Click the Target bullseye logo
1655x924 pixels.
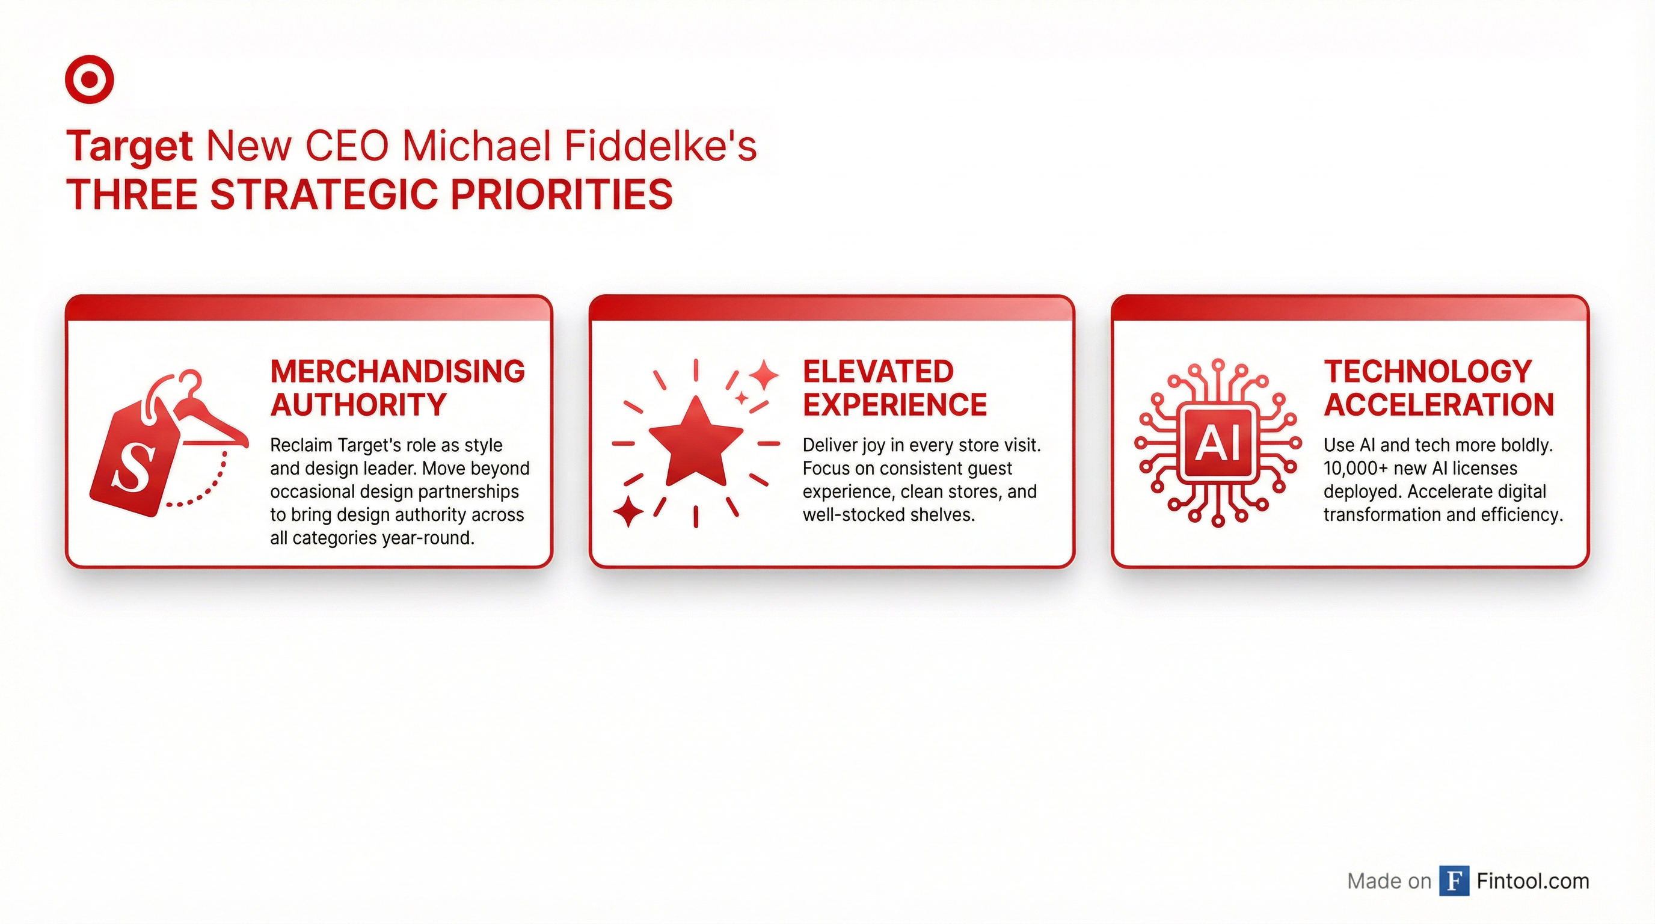pyautogui.click(x=89, y=79)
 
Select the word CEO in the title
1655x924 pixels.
pyautogui.click(x=347, y=147)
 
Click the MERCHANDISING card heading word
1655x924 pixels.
pyautogui.click(x=398, y=371)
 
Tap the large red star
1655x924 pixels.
pyautogui.click(x=696, y=442)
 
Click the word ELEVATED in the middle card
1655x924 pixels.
pyautogui.click(x=878, y=371)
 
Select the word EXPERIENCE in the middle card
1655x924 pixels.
pyautogui.click(x=895, y=405)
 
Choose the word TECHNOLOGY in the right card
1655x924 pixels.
pyautogui.click(x=1428, y=371)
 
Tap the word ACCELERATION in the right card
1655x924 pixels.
pyautogui.click(x=1439, y=405)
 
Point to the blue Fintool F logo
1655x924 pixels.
pyautogui.click(x=1454, y=880)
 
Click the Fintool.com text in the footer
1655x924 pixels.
pyautogui.click(x=1533, y=880)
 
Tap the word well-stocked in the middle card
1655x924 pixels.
pyautogui.click(x=849, y=515)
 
